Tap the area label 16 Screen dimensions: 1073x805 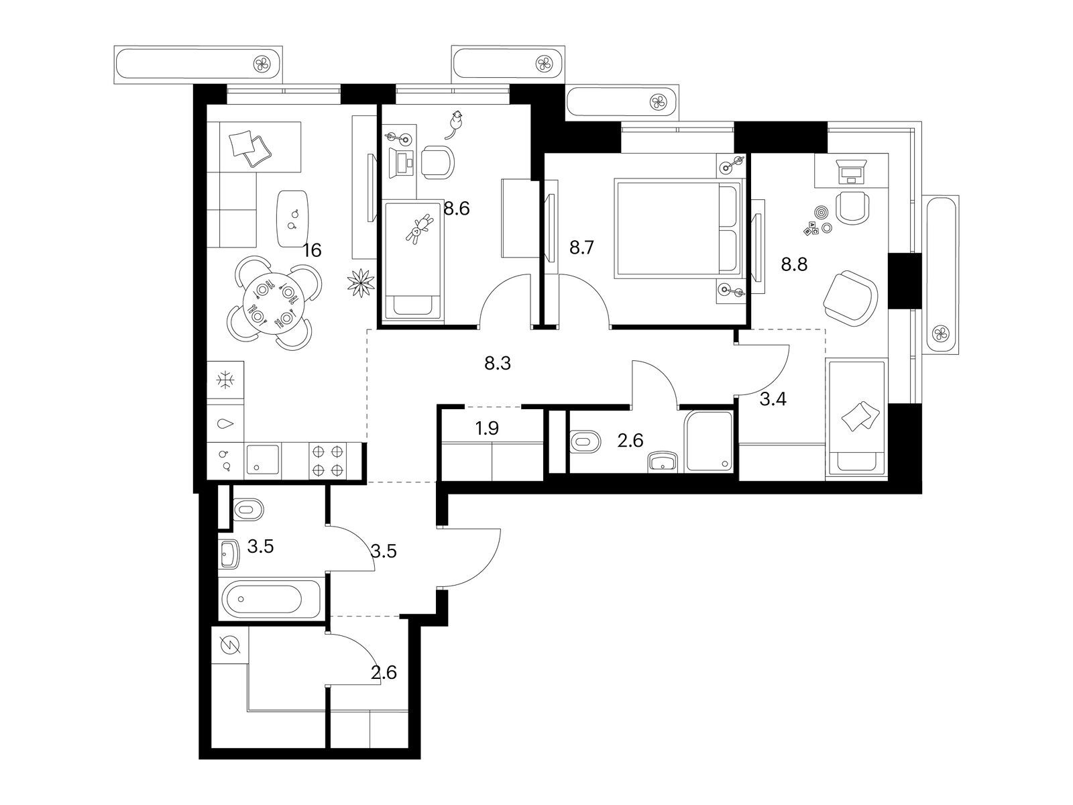(312, 251)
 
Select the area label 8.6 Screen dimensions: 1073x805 (457, 209)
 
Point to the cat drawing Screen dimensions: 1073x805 (455, 124)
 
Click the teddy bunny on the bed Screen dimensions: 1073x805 (419, 229)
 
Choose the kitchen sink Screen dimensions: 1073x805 (262, 460)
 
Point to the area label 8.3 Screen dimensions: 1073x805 (498, 363)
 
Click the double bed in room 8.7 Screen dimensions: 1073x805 (678, 228)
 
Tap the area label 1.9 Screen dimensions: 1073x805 (487, 429)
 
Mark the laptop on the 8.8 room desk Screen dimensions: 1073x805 (851, 172)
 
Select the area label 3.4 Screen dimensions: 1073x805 (773, 399)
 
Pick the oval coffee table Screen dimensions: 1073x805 (293, 219)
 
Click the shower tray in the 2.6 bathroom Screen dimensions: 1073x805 (709, 441)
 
